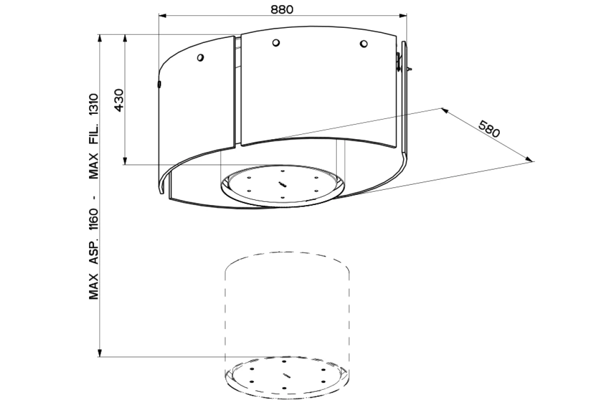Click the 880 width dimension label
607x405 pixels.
pyautogui.click(x=282, y=10)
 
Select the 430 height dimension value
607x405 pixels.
pyautogui.click(x=119, y=100)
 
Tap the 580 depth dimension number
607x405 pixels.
pyautogui.click(x=489, y=129)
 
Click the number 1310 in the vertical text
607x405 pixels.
pyautogui.click(x=94, y=105)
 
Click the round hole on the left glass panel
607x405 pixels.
pyautogui.click(x=200, y=58)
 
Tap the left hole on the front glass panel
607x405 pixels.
pyautogui.click(x=276, y=43)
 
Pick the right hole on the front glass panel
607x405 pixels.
pyautogui.click(x=364, y=44)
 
